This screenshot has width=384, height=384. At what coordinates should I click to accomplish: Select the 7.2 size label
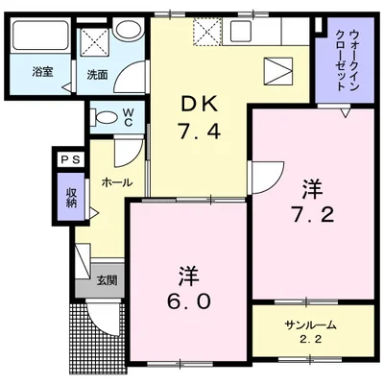pyautogui.click(x=313, y=213)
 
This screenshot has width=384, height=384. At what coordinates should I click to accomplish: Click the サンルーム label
pyautogui.click(x=306, y=324)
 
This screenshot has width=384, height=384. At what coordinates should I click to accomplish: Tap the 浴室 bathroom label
pyautogui.click(x=41, y=72)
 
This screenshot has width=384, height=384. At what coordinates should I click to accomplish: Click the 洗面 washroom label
pyautogui.click(x=97, y=73)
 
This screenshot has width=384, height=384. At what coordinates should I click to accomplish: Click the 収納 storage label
pyautogui.click(x=70, y=198)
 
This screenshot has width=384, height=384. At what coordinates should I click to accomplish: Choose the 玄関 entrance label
pyautogui.click(x=107, y=280)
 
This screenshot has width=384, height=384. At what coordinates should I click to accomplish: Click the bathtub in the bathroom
pyautogui.click(x=40, y=40)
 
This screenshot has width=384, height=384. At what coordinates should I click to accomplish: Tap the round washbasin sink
pyautogui.click(x=126, y=32)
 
